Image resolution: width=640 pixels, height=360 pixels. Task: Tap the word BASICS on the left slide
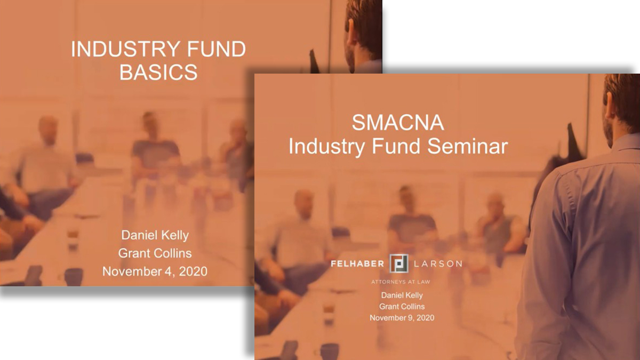pyautogui.click(x=158, y=72)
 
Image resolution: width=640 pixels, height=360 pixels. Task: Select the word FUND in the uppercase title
pyautogui.click(x=217, y=49)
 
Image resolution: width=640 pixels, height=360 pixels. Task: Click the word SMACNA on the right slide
pyautogui.click(x=398, y=123)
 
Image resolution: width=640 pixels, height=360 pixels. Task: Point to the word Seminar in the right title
pyautogui.click(x=468, y=146)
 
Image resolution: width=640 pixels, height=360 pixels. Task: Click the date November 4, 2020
pyautogui.click(x=155, y=271)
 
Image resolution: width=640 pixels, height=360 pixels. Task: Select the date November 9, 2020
pyautogui.click(x=402, y=318)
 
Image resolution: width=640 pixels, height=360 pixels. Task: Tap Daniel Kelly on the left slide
pyautogui.click(x=155, y=235)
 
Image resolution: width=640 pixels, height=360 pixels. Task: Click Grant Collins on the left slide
pyautogui.click(x=155, y=253)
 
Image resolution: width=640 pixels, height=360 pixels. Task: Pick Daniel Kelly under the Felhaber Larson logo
pyautogui.click(x=402, y=295)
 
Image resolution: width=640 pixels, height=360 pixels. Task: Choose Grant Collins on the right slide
pyautogui.click(x=402, y=307)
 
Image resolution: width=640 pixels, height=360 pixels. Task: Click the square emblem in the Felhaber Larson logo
pyautogui.click(x=399, y=263)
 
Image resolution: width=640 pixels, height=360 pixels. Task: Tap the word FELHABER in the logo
pyautogui.click(x=357, y=263)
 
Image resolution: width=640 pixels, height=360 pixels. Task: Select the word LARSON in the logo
pyautogui.click(x=438, y=263)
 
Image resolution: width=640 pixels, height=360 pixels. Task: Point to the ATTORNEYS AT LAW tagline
pyautogui.click(x=401, y=282)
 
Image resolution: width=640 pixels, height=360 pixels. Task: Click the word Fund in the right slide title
pyautogui.click(x=396, y=146)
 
